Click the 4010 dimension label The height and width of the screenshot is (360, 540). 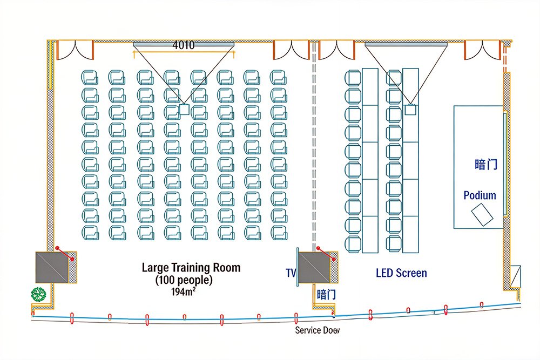pos(184,45)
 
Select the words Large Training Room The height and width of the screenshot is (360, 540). pos(191,268)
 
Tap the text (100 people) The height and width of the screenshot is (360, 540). pos(184,281)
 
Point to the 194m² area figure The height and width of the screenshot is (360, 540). pos(184,293)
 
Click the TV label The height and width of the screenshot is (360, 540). pos(291,274)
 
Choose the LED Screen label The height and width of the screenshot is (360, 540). pos(401,273)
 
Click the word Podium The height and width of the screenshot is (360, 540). pos(480,195)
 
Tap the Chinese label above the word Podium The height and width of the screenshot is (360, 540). pos(486,165)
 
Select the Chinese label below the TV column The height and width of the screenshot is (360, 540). pos(326,295)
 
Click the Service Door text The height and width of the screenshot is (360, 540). pos(318,330)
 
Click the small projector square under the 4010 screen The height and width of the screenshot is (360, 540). pos(184,110)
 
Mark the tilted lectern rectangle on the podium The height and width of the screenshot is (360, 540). pos(482,215)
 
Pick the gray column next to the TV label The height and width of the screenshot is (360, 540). pos(315,267)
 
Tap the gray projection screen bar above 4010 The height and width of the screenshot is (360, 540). pos(184,42)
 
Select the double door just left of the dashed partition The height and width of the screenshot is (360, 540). pos(292,49)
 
